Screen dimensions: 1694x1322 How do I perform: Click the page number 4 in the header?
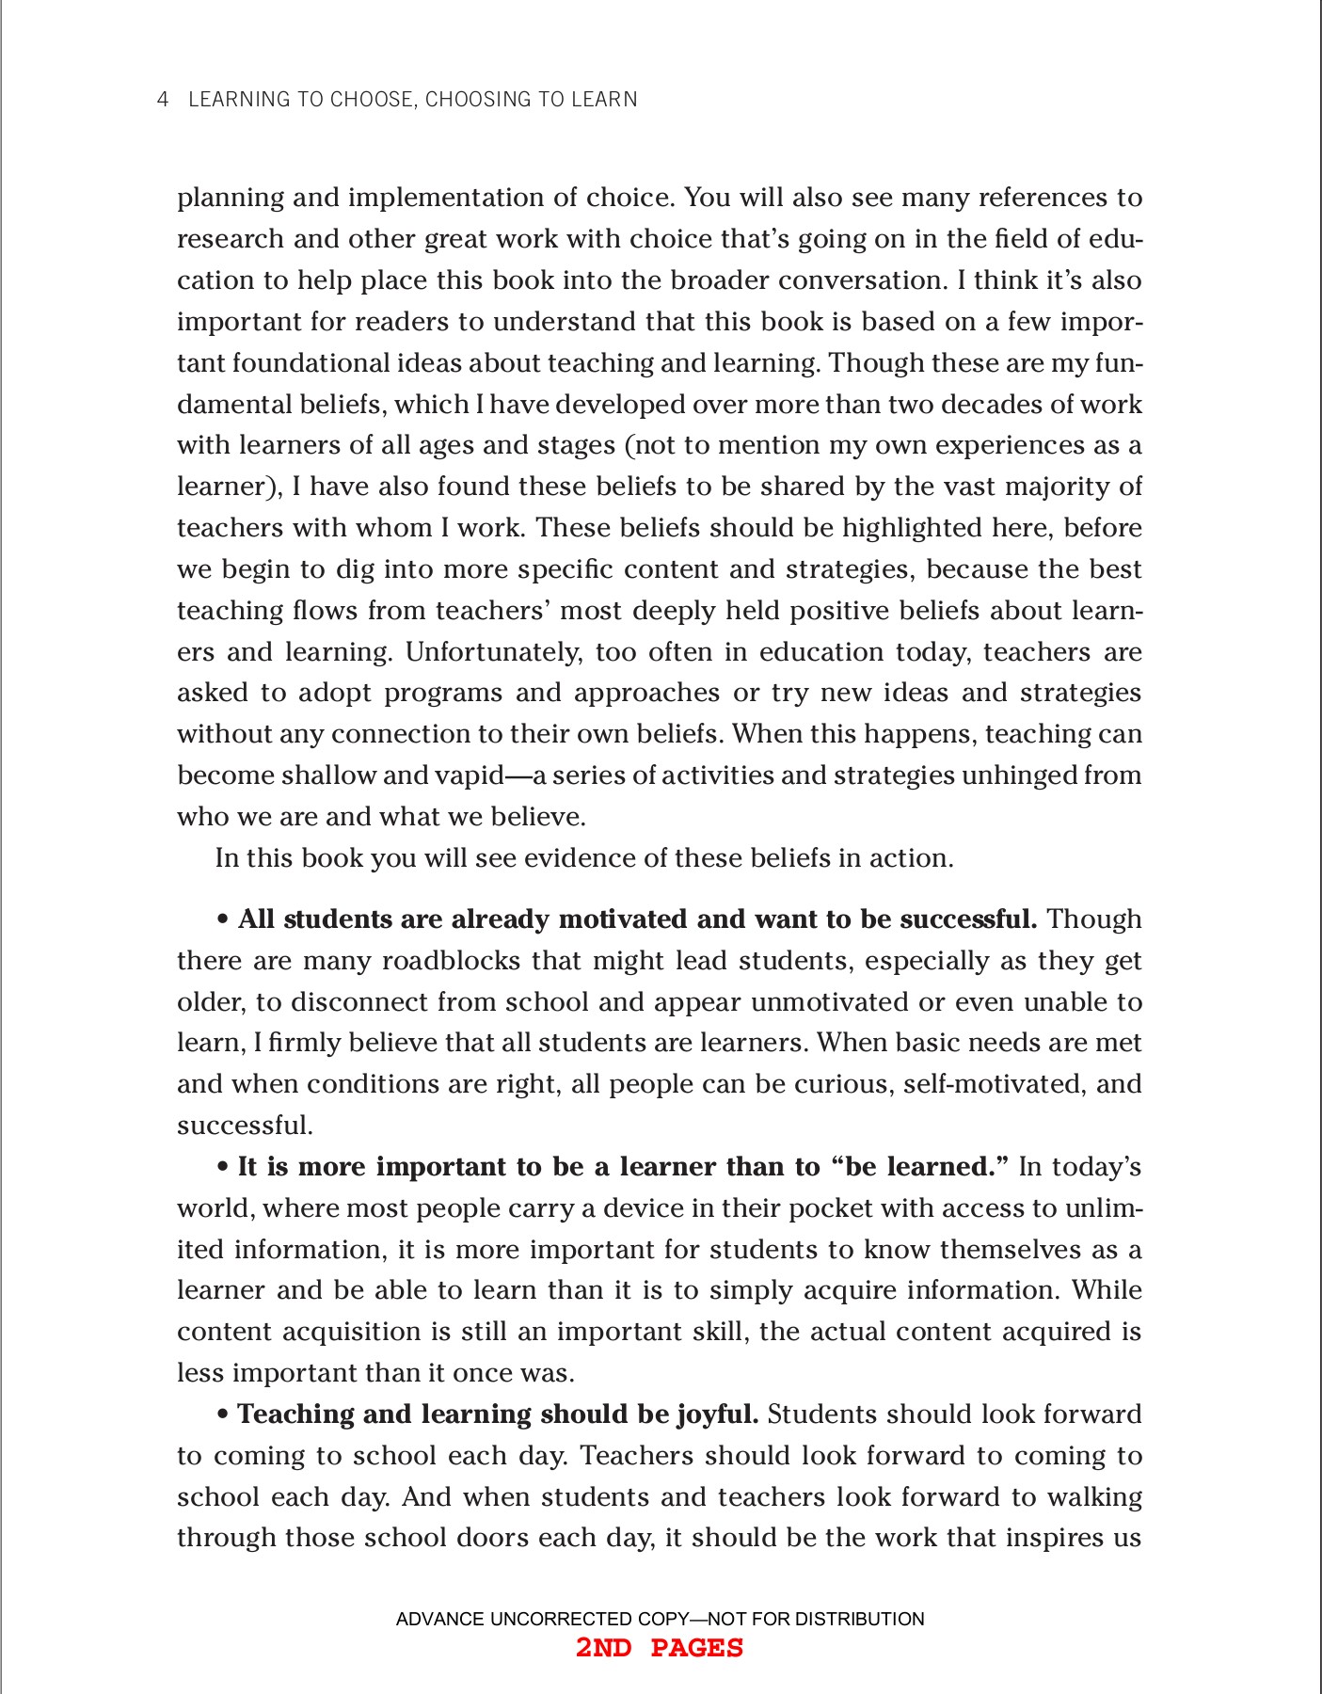pyautogui.click(x=163, y=100)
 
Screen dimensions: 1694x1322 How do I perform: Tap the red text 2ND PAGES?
pyautogui.click(x=660, y=1648)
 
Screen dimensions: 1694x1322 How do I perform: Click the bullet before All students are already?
pyautogui.click(x=223, y=919)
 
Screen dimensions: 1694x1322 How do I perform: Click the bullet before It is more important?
pyautogui.click(x=223, y=1168)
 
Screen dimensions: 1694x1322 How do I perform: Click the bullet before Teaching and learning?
pyautogui.click(x=223, y=1415)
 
